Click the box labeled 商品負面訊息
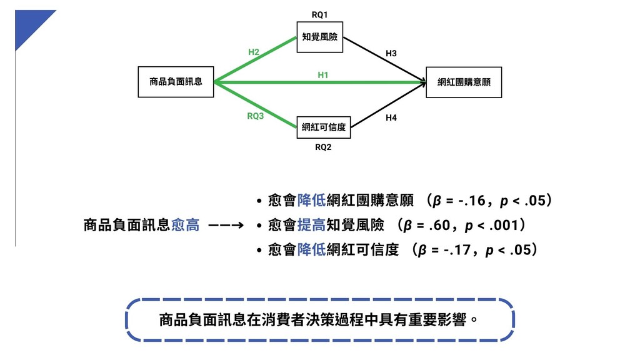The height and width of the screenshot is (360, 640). tap(176, 82)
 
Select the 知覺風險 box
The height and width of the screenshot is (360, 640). tap(319, 37)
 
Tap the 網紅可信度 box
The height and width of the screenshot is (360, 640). tap(323, 127)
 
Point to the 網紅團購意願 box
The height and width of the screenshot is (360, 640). tap(463, 82)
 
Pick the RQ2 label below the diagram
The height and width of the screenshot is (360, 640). tap(323, 147)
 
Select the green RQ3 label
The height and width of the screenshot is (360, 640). tap(255, 116)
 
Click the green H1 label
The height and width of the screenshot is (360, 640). tap(323, 75)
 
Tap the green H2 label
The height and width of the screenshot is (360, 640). tap(254, 52)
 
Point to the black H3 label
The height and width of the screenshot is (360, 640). tap(391, 54)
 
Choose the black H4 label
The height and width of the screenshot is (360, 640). tap(391, 117)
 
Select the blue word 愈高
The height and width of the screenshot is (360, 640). tap(185, 226)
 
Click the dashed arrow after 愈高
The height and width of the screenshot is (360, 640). tap(226, 226)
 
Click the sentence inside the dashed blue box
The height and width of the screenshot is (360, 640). tap(319, 321)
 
